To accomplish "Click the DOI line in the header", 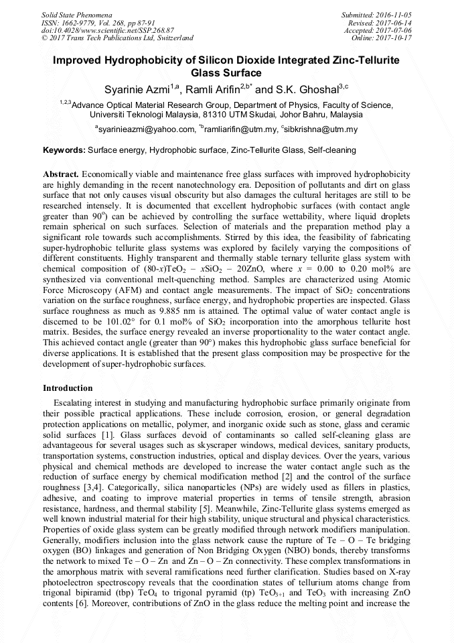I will [108, 30].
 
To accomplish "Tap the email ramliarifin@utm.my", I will [240, 129].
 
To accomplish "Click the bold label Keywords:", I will [64, 151].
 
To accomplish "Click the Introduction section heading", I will [68, 388].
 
